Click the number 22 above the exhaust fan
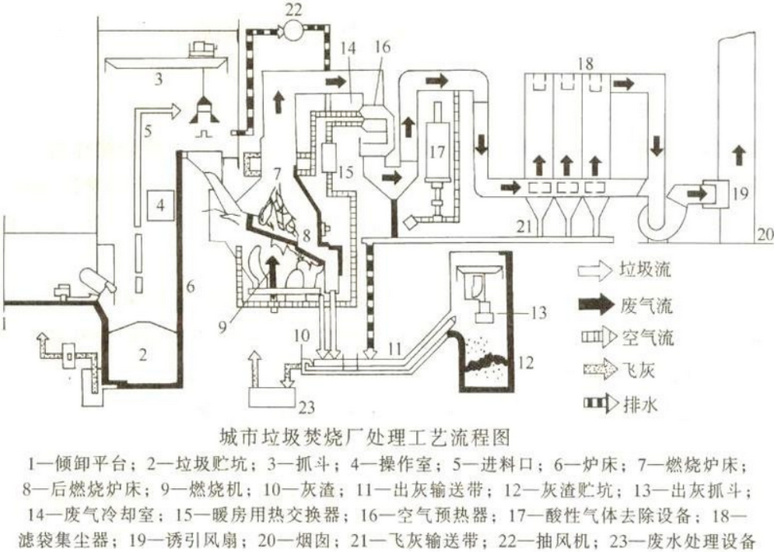(x=296, y=9)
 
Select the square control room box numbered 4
(x=160, y=205)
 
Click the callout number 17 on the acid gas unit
(x=436, y=151)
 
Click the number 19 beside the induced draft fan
(x=740, y=193)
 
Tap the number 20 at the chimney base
(x=765, y=234)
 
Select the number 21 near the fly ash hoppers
(x=524, y=227)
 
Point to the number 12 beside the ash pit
(x=526, y=363)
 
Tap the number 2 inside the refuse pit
(x=142, y=353)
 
